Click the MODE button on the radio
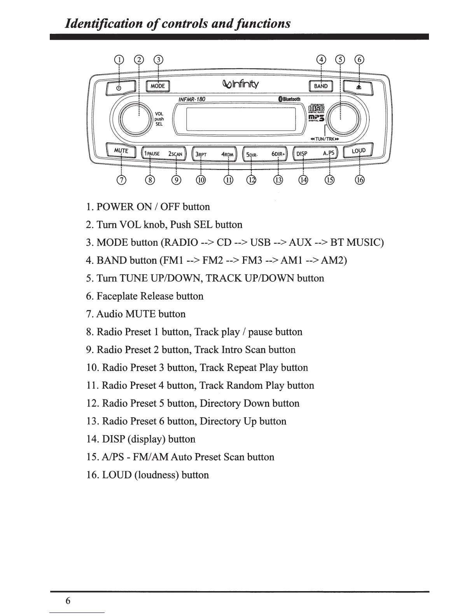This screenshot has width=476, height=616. (x=157, y=86)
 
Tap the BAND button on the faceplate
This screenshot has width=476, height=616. (x=320, y=86)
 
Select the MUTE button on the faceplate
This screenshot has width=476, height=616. (x=121, y=151)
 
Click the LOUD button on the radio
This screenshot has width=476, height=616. (x=359, y=150)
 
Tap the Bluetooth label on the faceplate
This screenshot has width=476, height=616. (x=289, y=99)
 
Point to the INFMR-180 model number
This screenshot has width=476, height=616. (x=191, y=99)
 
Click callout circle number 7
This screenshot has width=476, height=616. (x=122, y=180)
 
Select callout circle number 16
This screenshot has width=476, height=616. (x=360, y=180)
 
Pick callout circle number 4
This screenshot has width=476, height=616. (x=321, y=59)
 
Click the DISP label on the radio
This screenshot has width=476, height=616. (x=302, y=154)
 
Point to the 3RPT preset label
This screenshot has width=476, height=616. (x=201, y=154)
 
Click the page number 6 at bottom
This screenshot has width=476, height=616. (x=68, y=601)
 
